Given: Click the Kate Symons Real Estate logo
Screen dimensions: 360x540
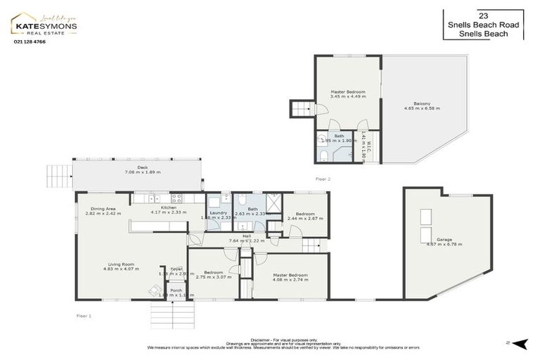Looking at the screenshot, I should click(x=44, y=25).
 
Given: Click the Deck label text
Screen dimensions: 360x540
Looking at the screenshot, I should click(x=143, y=167).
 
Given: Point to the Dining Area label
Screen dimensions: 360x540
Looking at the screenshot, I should click(x=101, y=208).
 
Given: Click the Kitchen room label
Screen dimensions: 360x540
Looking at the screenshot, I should click(x=168, y=208).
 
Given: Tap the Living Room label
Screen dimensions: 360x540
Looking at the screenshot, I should click(x=119, y=264).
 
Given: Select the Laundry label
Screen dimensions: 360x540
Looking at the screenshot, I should click(x=217, y=213).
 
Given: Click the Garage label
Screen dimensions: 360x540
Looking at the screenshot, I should click(x=444, y=240).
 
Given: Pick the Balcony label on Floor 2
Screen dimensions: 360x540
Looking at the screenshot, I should click(x=422, y=103).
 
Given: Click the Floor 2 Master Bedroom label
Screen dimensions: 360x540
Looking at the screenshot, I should click(x=347, y=92).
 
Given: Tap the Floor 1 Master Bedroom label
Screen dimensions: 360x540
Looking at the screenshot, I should click(x=290, y=275).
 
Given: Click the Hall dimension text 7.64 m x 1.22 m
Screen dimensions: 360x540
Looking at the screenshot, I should click(x=247, y=241).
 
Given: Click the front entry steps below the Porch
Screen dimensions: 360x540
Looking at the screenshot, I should click(x=167, y=314).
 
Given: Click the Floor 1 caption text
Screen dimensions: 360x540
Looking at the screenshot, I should click(x=84, y=316).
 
